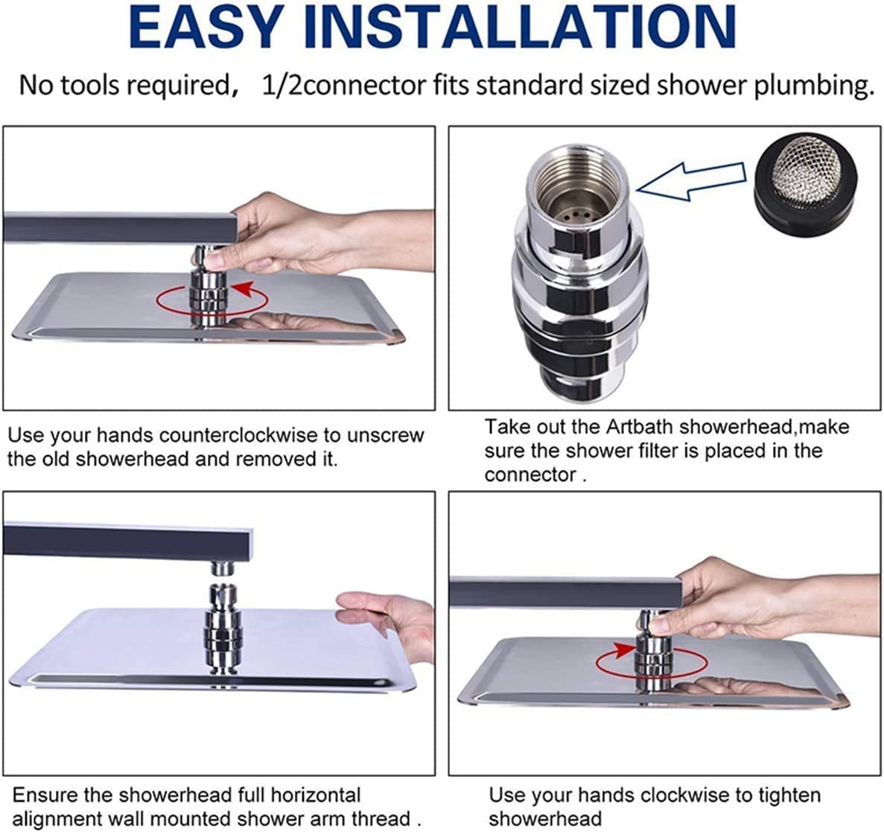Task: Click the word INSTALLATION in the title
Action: (520, 27)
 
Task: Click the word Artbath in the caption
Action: (639, 427)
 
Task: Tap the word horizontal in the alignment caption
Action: (315, 795)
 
